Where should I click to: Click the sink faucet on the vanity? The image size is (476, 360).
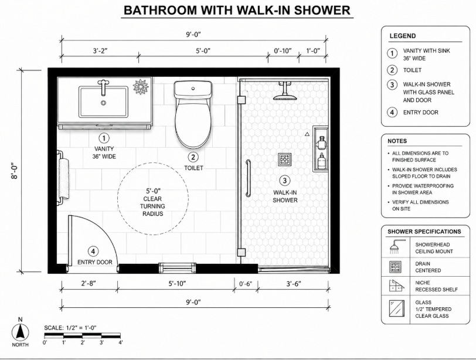pyautogui.click(x=103, y=87)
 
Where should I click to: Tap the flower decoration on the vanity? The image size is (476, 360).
pyautogui.click(x=141, y=87)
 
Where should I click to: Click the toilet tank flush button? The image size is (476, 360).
pyautogui.click(x=193, y=89)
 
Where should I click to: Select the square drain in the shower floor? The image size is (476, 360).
pyautogui.click(x=285, y=159)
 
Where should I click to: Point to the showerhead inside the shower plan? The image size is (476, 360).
pyautogui.click(x=284, y=91)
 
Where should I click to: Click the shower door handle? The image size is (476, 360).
pyautogui.click(x=249, y=178)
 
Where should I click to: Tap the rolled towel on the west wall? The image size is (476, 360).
pyautogui.click(x=63, y=179)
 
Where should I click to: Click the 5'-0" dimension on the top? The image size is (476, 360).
pyautogui.click(x=203, y=50)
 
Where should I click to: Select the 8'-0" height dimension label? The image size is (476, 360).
pyautogui.click(x=15, y=172)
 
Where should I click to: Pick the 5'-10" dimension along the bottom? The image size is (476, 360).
pyautogui.click(x=177, y=284)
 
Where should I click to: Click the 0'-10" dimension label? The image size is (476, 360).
pyautogui.click(x=283, y=50)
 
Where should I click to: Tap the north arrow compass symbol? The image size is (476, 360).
pyautogui.click(x=21, y=332)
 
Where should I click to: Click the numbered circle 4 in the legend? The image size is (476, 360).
pyautogui.click(x=392, y=113)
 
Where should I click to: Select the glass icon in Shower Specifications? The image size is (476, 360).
pyautogui.click(x=397, y=308)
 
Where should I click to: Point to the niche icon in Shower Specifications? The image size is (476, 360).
pyautogui.click(x=397, y=286)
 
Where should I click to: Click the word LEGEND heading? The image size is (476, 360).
pyautogui.click(x=403, y=36)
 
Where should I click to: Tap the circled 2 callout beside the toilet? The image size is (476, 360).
pyautogui.click(x=193, y=157)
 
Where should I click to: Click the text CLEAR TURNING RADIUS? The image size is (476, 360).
pyautogui.click(x=152, y=206)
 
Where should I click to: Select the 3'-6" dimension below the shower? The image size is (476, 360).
pyautogui.click(x=294, y=284)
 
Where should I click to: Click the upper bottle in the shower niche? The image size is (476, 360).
pyautogui.click(x=322, y=142)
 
